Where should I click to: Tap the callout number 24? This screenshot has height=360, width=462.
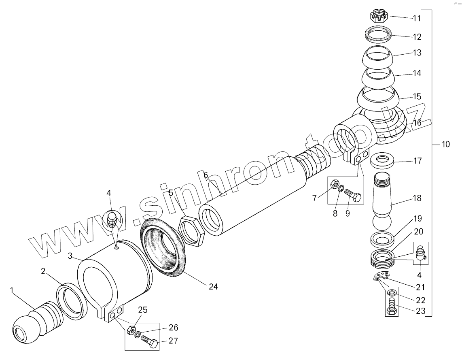(x=213, y=287)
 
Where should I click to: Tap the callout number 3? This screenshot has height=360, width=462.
(x=70, y=256)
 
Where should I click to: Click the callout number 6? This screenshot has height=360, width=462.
(x=206, y=175)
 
